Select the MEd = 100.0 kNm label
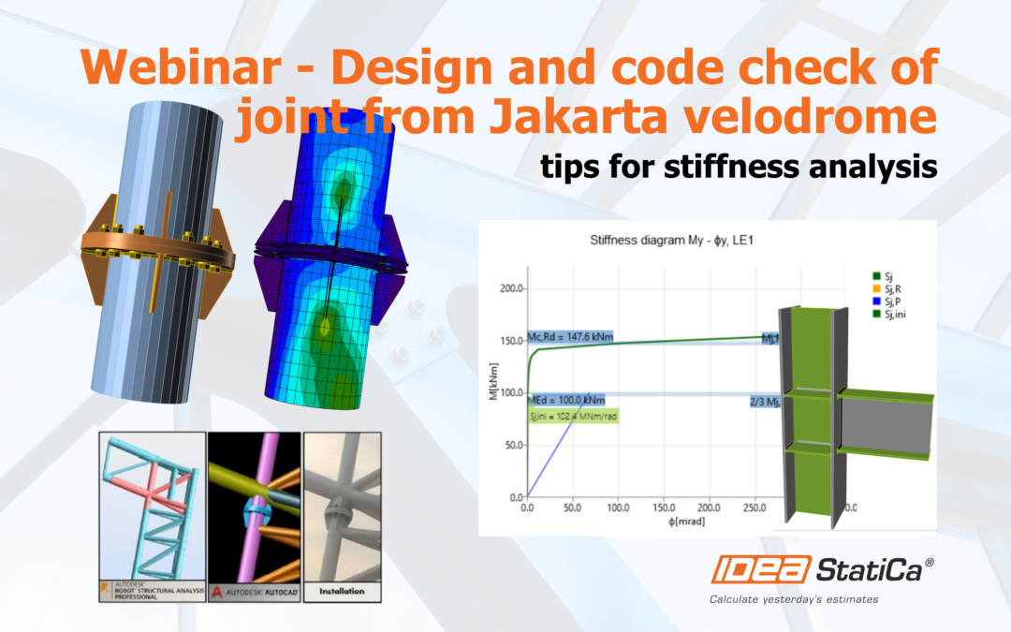565,399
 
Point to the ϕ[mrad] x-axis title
663,522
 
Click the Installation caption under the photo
342,592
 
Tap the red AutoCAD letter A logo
217,591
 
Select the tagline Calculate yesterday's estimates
794,599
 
